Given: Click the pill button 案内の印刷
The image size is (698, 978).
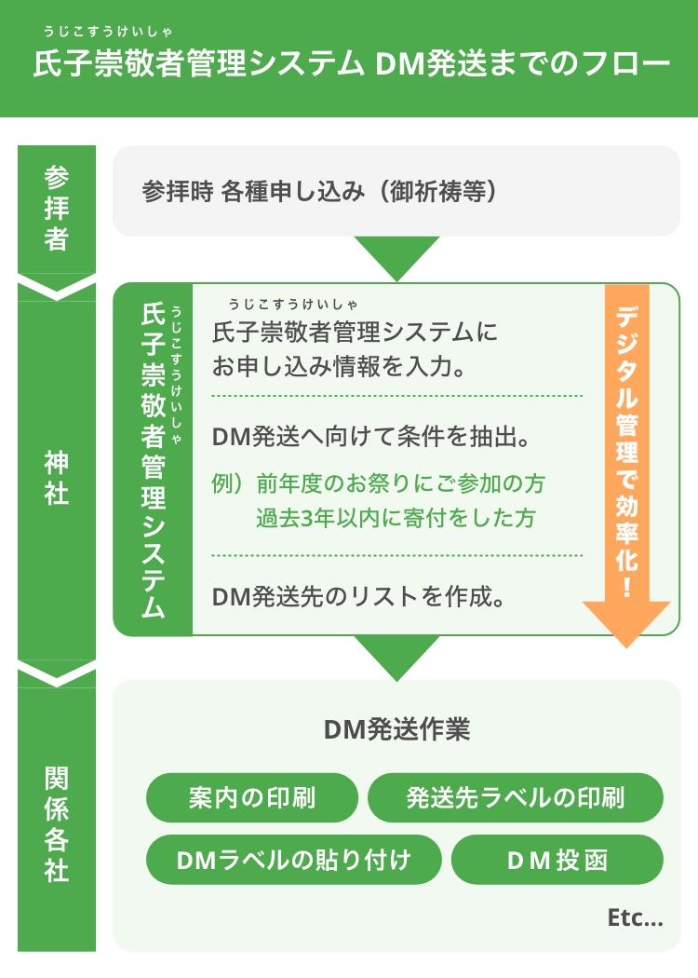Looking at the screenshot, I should click(x=251, y=798).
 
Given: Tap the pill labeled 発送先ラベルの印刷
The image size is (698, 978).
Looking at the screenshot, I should click(x=516, y=798).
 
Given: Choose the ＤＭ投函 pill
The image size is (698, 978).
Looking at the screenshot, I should click(x=557, y=860).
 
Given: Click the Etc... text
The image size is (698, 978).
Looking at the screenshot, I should click(x=635, y=918).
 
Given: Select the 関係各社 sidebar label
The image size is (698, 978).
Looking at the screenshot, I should click(x=57, y=823).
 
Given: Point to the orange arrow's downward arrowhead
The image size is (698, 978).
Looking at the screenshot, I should click(x=626, y=623).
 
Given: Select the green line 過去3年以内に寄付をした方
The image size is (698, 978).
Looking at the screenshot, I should click(x=396, y=518).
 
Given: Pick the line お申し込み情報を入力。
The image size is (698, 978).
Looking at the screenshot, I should click(x=339, y=366).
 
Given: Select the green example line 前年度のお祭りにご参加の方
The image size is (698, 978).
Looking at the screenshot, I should click(x=400, y=483).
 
